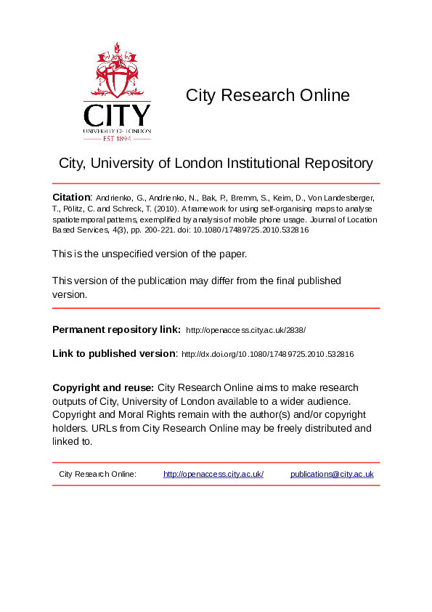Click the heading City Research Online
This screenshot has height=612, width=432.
click(267, 95)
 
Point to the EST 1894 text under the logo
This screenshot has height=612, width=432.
click(117, 137)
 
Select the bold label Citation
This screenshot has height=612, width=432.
click(71, 198)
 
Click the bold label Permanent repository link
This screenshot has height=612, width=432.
click(116, 329)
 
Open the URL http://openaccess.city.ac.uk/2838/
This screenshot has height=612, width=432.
click(246, 330)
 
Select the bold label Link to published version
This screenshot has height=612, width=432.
click(114, 353)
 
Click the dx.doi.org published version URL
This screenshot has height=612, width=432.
click(267, 354)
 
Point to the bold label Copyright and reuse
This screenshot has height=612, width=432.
click(102, 387)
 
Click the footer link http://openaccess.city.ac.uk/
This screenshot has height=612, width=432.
click(213, 474)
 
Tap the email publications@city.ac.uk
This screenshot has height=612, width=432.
click(332, 474)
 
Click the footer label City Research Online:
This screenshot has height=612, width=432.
click(97, 474)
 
